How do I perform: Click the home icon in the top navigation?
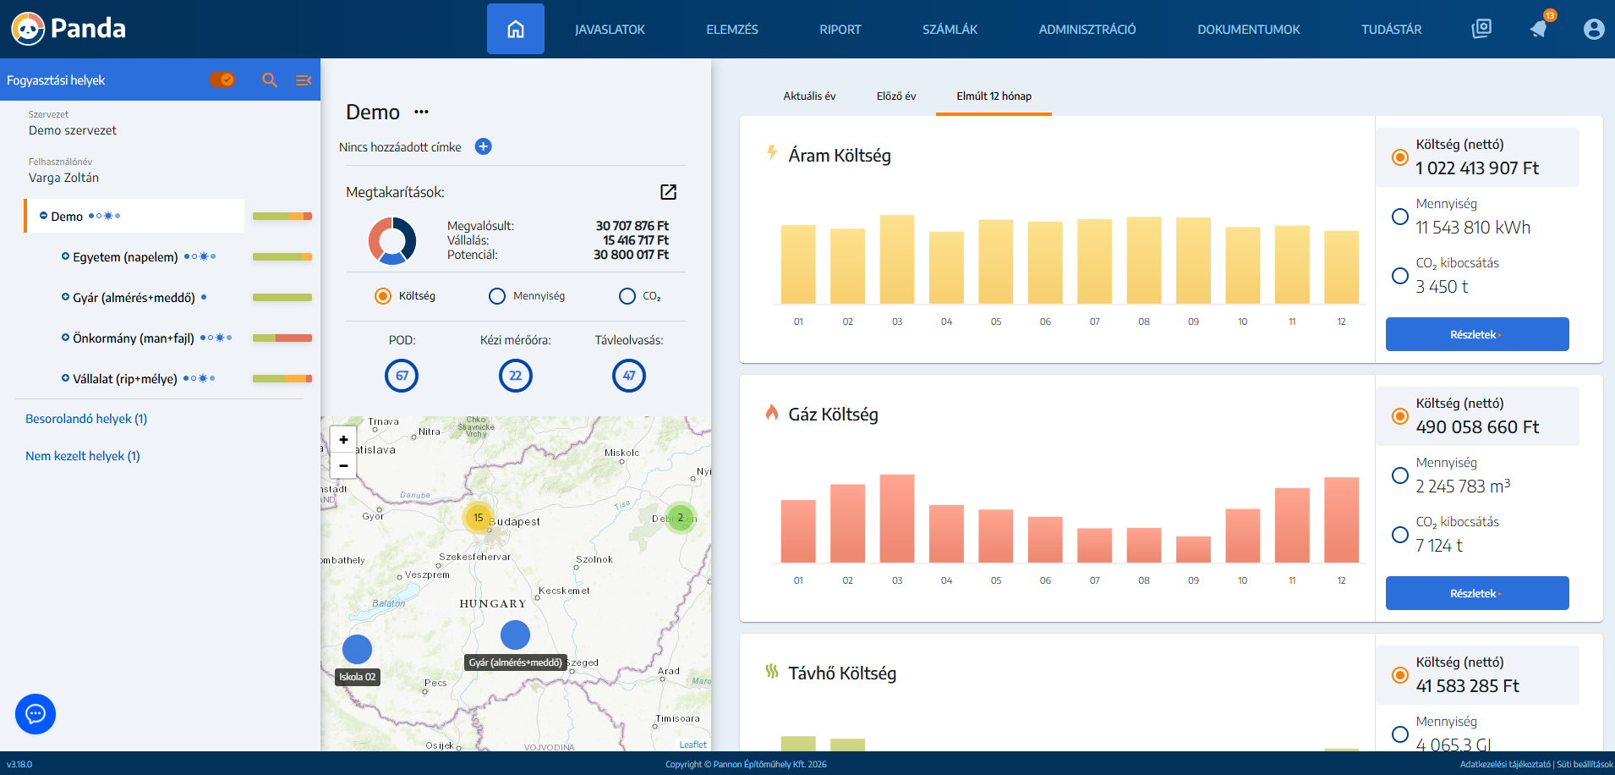(515, 30)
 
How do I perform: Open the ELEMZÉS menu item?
(731, 30)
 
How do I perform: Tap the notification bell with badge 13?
(1539, 29)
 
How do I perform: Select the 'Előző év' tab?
(895, 96)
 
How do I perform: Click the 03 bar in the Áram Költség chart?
(896, 259)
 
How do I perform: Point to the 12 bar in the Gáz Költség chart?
(1341, 519)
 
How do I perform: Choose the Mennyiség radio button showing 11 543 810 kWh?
(1400, 217)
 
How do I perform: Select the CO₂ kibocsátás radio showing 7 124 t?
(1400, 535)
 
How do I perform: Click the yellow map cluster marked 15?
(478, 517)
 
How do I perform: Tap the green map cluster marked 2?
(680, 517)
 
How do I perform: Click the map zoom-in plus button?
(343, 439)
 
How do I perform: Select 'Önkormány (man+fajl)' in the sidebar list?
(133, 338)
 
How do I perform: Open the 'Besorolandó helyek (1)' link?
(86, 419)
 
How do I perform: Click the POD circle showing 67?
(402, 376)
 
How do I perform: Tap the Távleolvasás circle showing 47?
(628, 376)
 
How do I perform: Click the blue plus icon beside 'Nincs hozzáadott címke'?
(483, 146)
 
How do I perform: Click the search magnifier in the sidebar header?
(270, 80)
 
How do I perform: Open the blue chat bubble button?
(36, 714)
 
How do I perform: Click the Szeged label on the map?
(583, 662)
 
